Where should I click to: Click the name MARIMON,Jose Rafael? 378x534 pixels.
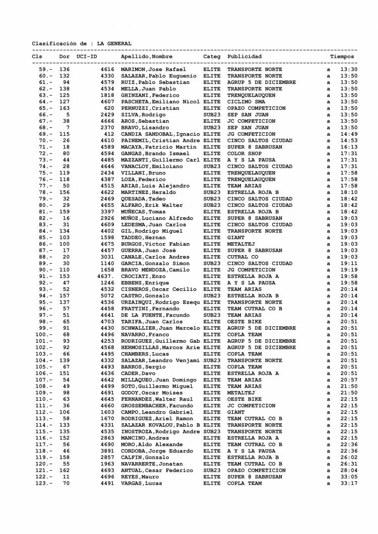(154, 69)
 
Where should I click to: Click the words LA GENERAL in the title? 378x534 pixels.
(114, 44)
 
